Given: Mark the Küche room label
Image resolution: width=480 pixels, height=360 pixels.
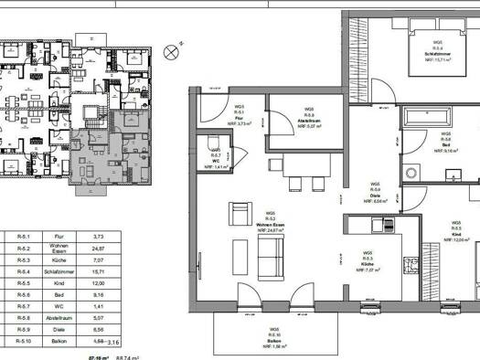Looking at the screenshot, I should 367,261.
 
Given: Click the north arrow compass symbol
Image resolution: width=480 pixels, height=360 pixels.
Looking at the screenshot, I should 170,52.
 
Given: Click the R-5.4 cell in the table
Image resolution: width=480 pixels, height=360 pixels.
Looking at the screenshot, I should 23,271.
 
